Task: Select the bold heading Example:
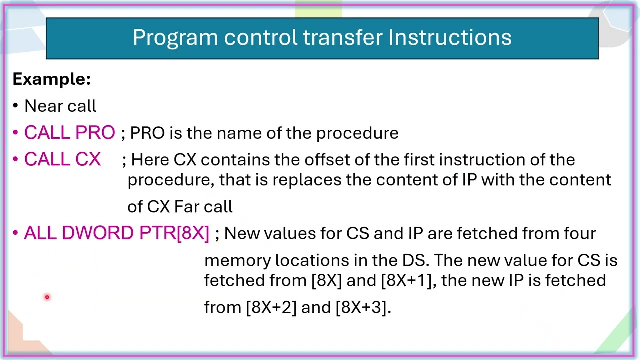51,79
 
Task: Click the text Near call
60,106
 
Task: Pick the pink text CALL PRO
69,133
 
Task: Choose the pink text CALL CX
62,160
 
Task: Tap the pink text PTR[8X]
174,233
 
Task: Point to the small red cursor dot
47,297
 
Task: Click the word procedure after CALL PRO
357,133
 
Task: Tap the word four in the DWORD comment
580,233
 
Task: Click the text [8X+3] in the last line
361,307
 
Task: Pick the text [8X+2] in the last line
271,307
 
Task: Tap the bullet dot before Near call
16,106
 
